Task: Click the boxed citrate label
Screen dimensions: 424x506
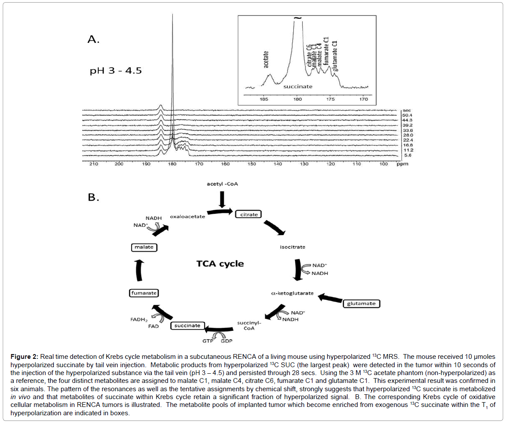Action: (249, 215)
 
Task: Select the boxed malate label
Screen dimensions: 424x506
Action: (144, 247)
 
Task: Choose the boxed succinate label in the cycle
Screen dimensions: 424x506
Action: (187, 325)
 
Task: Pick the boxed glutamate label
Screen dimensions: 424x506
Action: (361, 303)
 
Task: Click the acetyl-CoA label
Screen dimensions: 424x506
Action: (222, 184)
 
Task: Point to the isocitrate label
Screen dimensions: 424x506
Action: (292, 247)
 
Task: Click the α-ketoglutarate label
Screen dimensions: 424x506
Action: (292, 293)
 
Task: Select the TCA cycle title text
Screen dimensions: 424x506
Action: (220, 264)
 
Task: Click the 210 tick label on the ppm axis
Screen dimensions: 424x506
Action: (94, 164)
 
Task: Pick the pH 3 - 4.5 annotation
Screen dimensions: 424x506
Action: (115, 70)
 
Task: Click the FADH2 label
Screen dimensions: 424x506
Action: (139, 320)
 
